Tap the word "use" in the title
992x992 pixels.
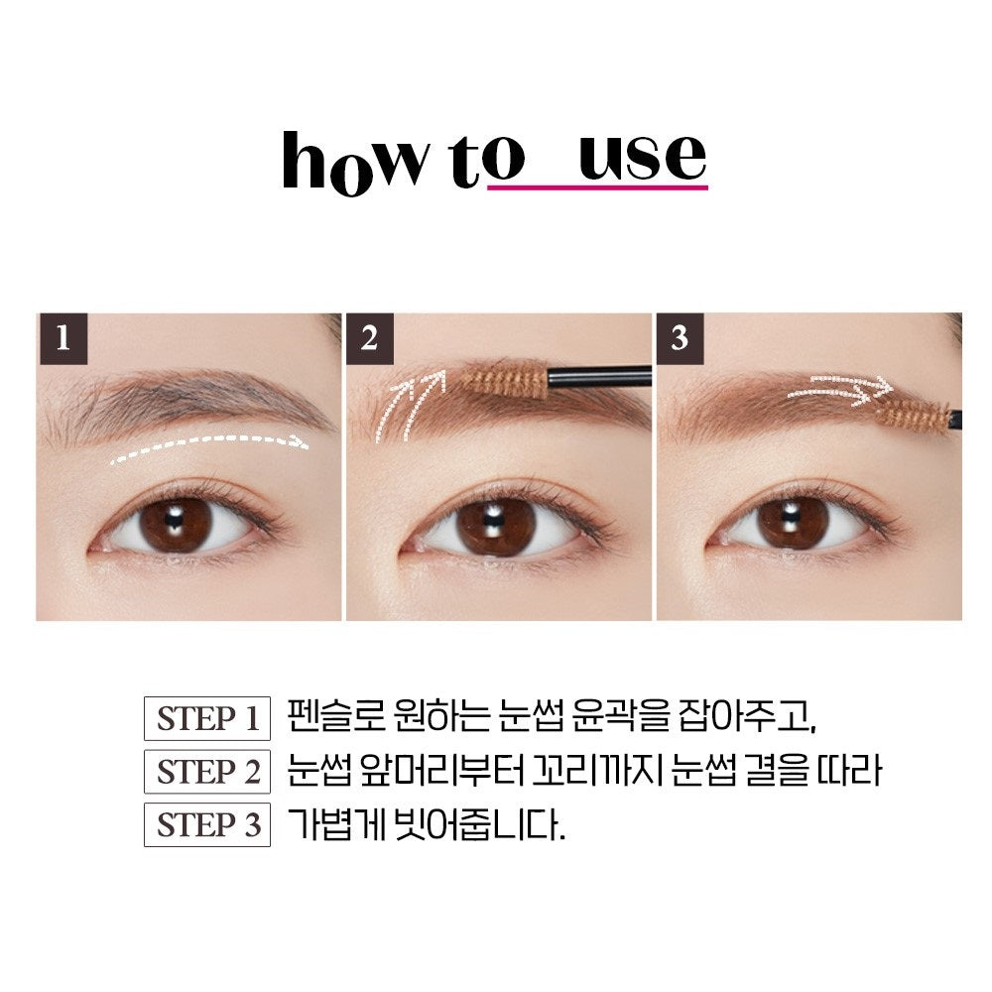(642, 157)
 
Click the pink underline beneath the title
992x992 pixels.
(597, 187)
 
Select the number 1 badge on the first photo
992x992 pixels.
(63, 338)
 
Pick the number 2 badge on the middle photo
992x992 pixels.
(370, 338)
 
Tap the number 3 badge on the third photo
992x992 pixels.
(681, 338)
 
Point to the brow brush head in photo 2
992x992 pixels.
(503, 379)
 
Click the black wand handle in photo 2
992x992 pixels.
(598, 376)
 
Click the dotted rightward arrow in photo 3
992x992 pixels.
(839, 390)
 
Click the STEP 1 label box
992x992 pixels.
(207, 718)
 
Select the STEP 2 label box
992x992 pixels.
(207, 771)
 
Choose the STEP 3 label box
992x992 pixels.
(207, 824)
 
